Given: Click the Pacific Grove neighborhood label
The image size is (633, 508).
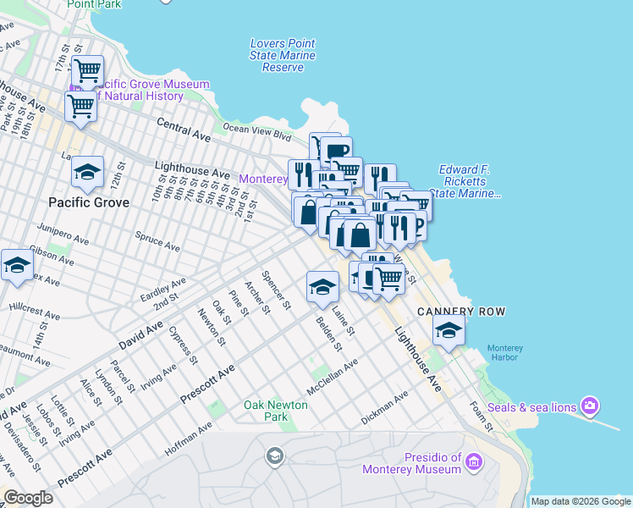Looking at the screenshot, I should pyautogui.click(x=89, y=202).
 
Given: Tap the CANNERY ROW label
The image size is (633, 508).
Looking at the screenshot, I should pyautogui.click(x=461, y=312).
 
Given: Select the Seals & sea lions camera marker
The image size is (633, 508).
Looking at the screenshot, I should pyautogui.click(x=590, y=406).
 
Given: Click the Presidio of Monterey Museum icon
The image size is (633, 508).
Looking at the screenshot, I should pyautogui.click(x=473, y=462).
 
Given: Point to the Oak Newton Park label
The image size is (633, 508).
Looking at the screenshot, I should pyautogui.click(x=276, y=411).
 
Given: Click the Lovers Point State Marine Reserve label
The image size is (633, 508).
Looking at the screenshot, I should pyautogui.click(x=283, y=55).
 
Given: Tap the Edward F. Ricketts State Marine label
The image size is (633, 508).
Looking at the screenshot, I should pyautogui.click(x=464, y=182).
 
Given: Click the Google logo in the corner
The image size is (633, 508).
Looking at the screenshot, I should pyautogui.click(x=28, y=498).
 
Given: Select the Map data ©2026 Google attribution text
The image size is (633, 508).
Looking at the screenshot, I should pyautogui.click(x=580, y=501).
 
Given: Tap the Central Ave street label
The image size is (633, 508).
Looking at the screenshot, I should pyautogui.click(x=184, y=129).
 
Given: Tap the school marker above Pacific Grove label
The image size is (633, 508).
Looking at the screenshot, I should pyautogui.click(x=88, y=173).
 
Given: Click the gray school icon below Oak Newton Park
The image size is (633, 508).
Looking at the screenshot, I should pyautogui.click(x=274, y=458).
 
